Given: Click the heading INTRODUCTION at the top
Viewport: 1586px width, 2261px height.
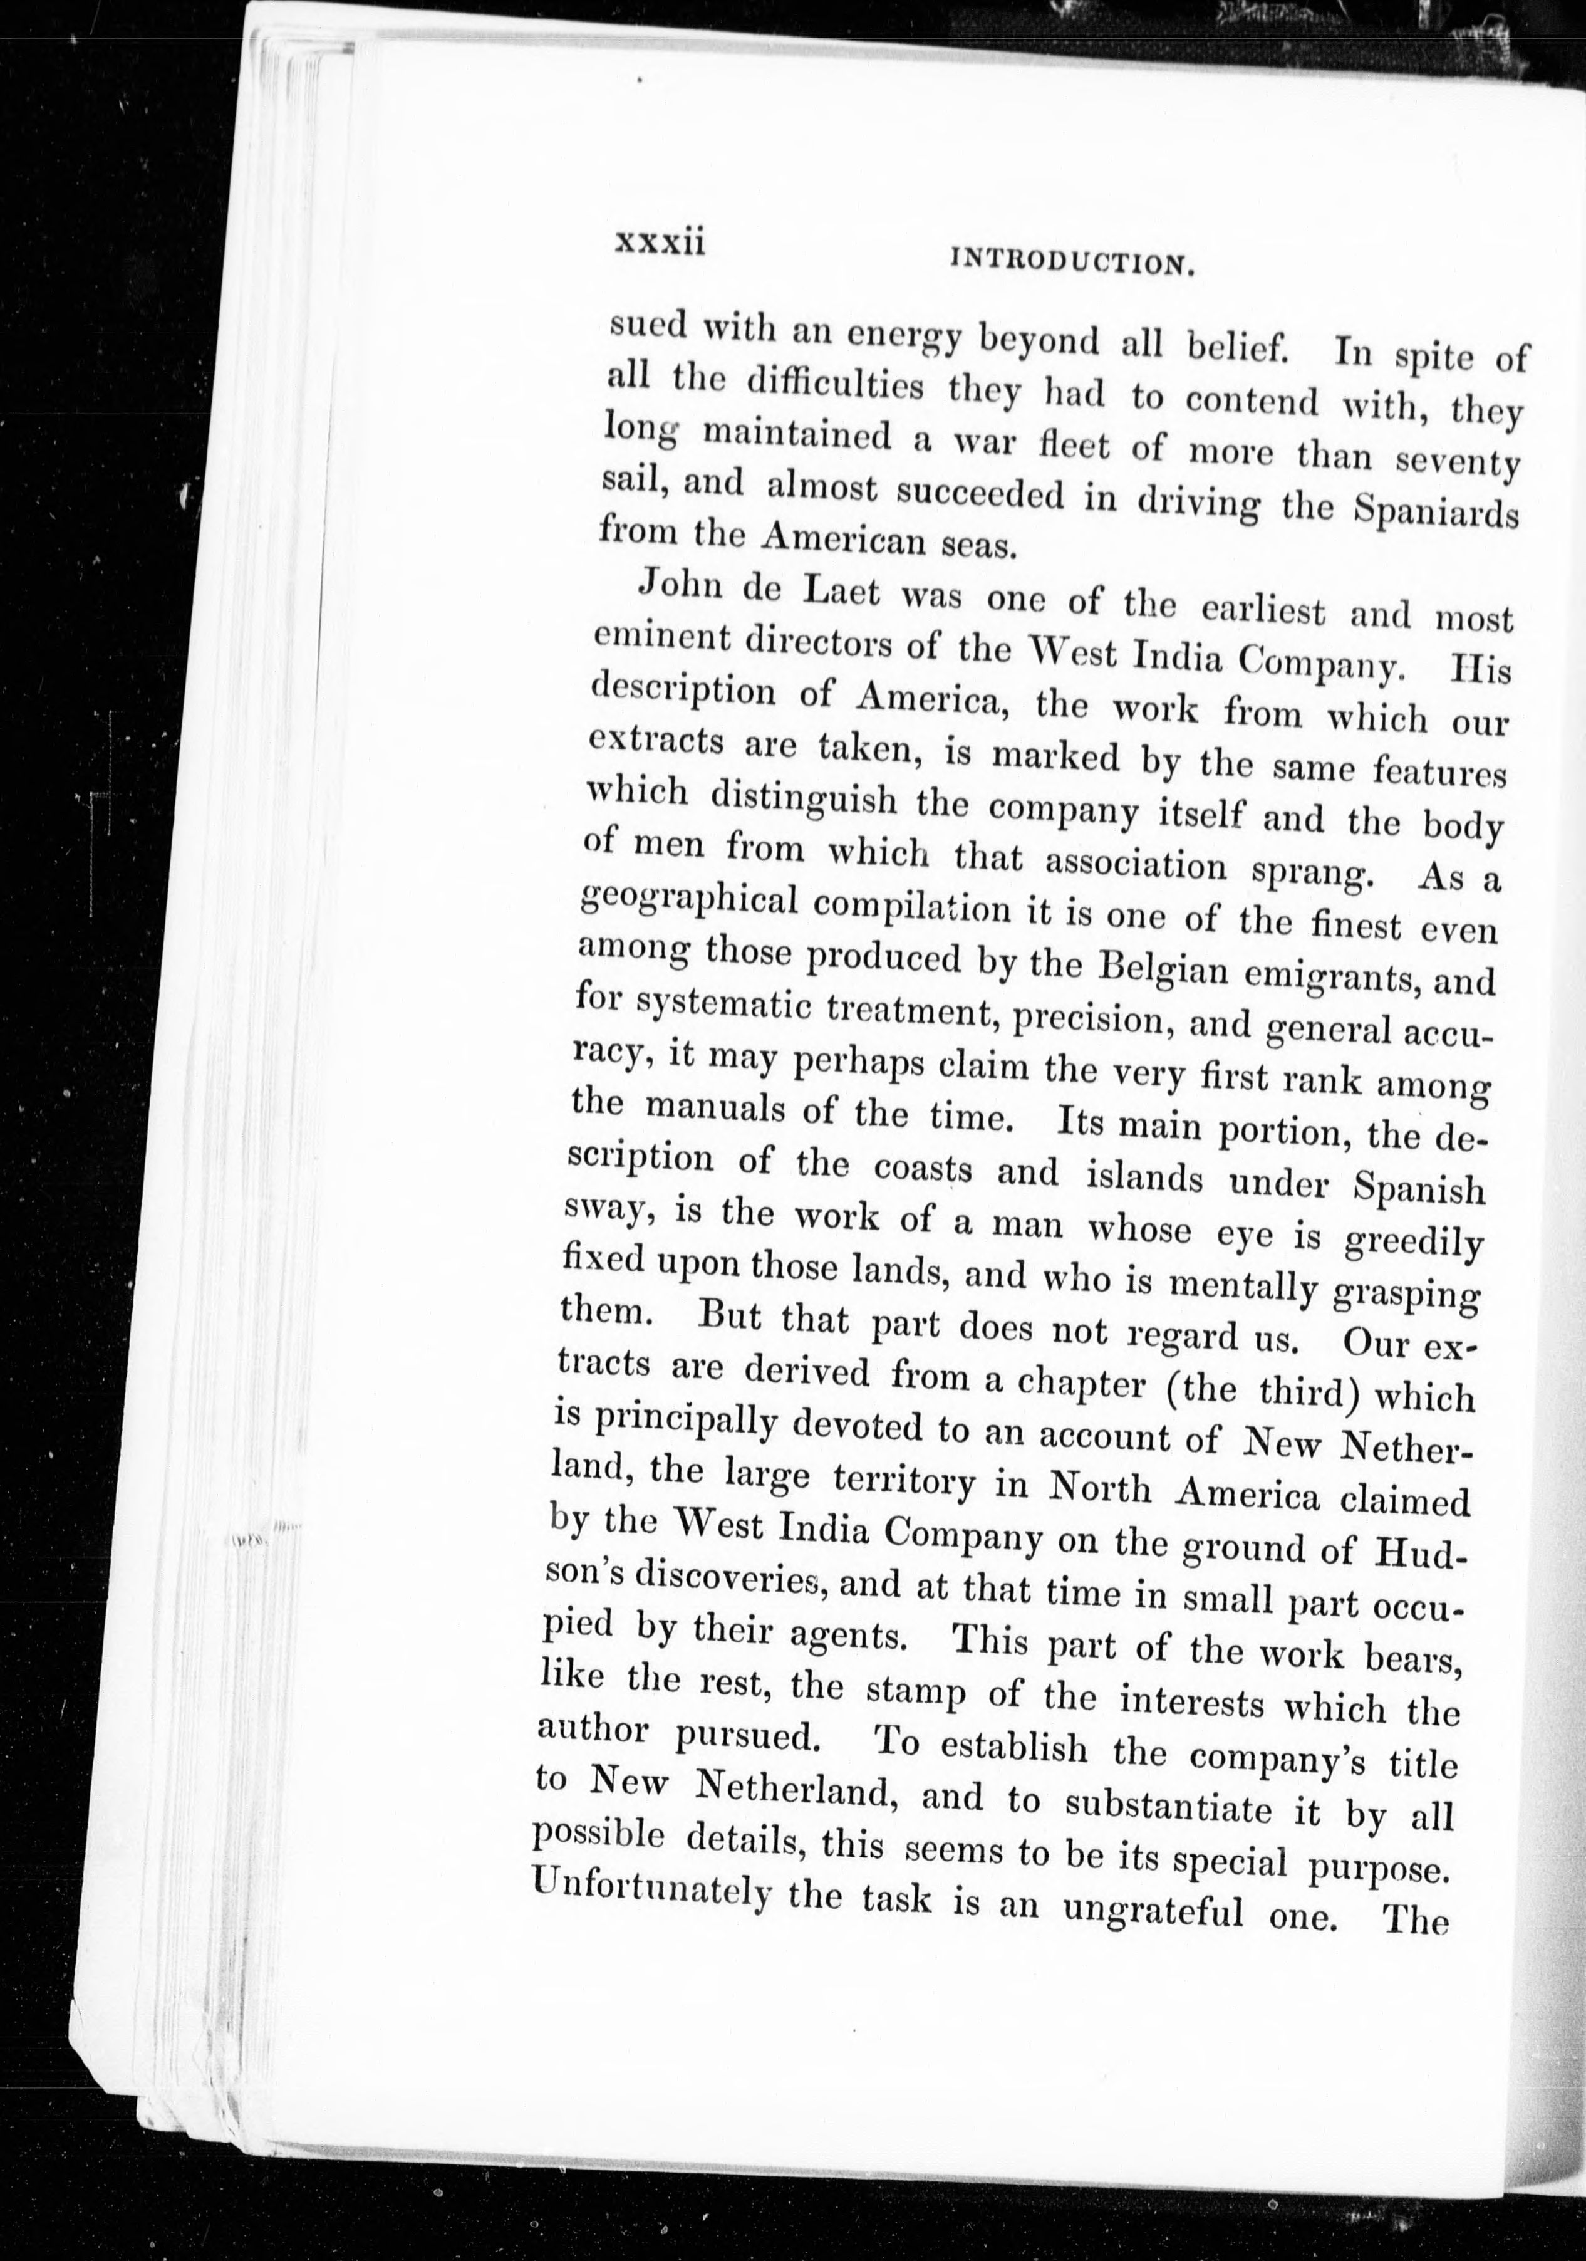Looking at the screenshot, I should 1073,262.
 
